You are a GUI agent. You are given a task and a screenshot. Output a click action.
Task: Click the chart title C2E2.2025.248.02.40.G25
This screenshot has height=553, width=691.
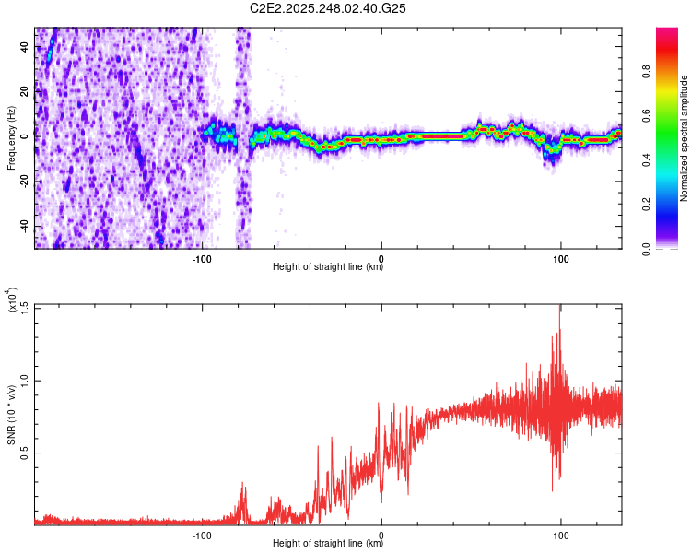click(x=328, y=8)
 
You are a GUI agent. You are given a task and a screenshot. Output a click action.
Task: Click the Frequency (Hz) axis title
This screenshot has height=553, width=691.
click(x=11, y=138)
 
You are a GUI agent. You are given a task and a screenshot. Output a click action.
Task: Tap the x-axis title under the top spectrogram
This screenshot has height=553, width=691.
click(x=328, y=267)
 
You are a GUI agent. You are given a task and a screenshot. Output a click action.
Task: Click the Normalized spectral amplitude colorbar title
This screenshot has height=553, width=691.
click(x=685, y=138)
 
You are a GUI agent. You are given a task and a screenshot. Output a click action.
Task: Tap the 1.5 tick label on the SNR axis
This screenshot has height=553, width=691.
click(x=25, y=308)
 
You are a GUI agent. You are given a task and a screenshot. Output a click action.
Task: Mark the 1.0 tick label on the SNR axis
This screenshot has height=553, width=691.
click(x=25, y=380)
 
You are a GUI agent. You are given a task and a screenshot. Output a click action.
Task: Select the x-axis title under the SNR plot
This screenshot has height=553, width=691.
click(x=328, y=544)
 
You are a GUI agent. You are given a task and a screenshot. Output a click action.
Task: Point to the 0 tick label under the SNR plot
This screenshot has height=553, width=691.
click(x=381, y=533)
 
